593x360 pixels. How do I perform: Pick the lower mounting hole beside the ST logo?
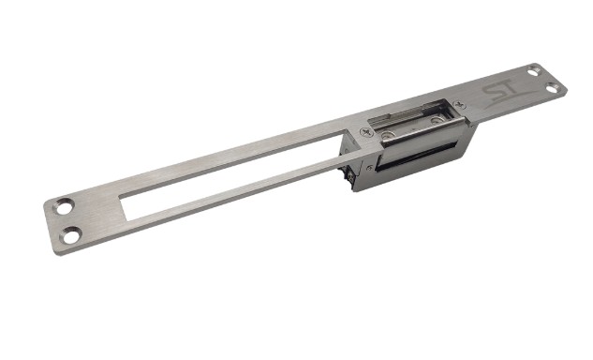pyautogui.click(x=552, y=88)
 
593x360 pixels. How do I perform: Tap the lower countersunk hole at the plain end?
pyautogui.click(x=70, y=235)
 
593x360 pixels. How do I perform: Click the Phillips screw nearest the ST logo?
pyautogui.click(x=459, y=103)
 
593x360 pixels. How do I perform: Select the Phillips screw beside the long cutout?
pyautogui.click(x=366, y=132)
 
